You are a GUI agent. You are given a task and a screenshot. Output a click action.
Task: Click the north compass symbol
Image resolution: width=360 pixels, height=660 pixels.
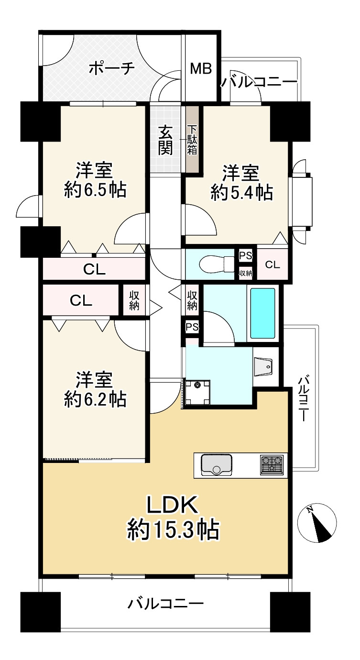[x=317, y=525]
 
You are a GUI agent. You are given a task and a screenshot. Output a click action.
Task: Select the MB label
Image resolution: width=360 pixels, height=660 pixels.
[x=201, y=69]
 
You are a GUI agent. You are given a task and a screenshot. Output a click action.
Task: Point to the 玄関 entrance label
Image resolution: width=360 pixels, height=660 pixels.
[x=166, y=140]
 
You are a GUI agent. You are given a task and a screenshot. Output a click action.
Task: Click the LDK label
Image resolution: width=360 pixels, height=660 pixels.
[x=172, y=505]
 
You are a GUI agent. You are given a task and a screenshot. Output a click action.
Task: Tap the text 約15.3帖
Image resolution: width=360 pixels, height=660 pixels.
[x=173, y=529]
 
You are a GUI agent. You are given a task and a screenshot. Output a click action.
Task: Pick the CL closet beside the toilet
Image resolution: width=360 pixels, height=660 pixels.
[x=273, y=264]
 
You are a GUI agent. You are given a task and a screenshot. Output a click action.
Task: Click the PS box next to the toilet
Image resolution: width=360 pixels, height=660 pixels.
[x=245, y=255]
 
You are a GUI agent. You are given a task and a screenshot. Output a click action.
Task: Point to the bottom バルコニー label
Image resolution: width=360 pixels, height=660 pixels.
[x=165, y=604]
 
